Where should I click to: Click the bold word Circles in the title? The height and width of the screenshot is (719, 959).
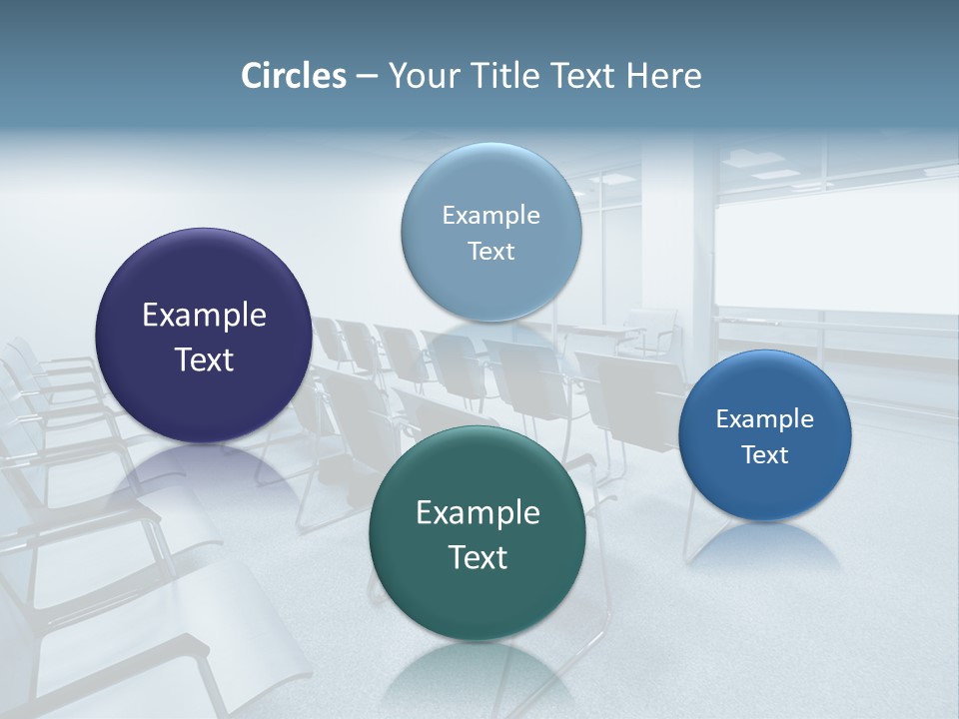pyautogui.click(x=294, y=76)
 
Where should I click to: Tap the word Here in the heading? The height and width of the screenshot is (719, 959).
pyautogui.click(x=663, y=76)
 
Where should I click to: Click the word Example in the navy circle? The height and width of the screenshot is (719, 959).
pyautogui.click(x=204, y=316)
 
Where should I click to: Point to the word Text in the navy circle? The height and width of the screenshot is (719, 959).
pyautogui.click(x=204, y=359)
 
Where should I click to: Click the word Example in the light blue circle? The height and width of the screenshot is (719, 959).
pyautogui.click(x=490, y=216)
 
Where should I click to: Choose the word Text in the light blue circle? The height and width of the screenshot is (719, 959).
pyautogui.click(x=490, y=252)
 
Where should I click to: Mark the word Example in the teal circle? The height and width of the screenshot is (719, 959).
pyautogui.click(x=478, y=513)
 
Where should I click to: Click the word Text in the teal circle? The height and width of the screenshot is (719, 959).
pyautogui.click(x=478, y=557)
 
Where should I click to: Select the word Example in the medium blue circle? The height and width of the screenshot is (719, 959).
pyautogui.click(x=764, y=419)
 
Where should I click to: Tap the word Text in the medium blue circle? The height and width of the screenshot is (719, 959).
pyautogui.click(x=764, y=455)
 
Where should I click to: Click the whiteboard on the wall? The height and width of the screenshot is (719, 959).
pyautogui.click(x=835, y=250)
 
